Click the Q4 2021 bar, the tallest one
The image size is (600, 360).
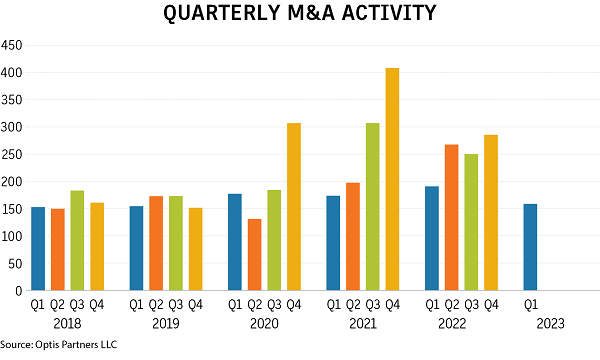[392, 179]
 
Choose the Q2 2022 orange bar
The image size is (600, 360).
[451, 217]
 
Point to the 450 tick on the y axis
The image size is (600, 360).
[13, 46]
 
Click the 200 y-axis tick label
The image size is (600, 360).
[13, 182]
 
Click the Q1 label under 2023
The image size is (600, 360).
[530, 304]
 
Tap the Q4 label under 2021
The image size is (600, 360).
[392, 304]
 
